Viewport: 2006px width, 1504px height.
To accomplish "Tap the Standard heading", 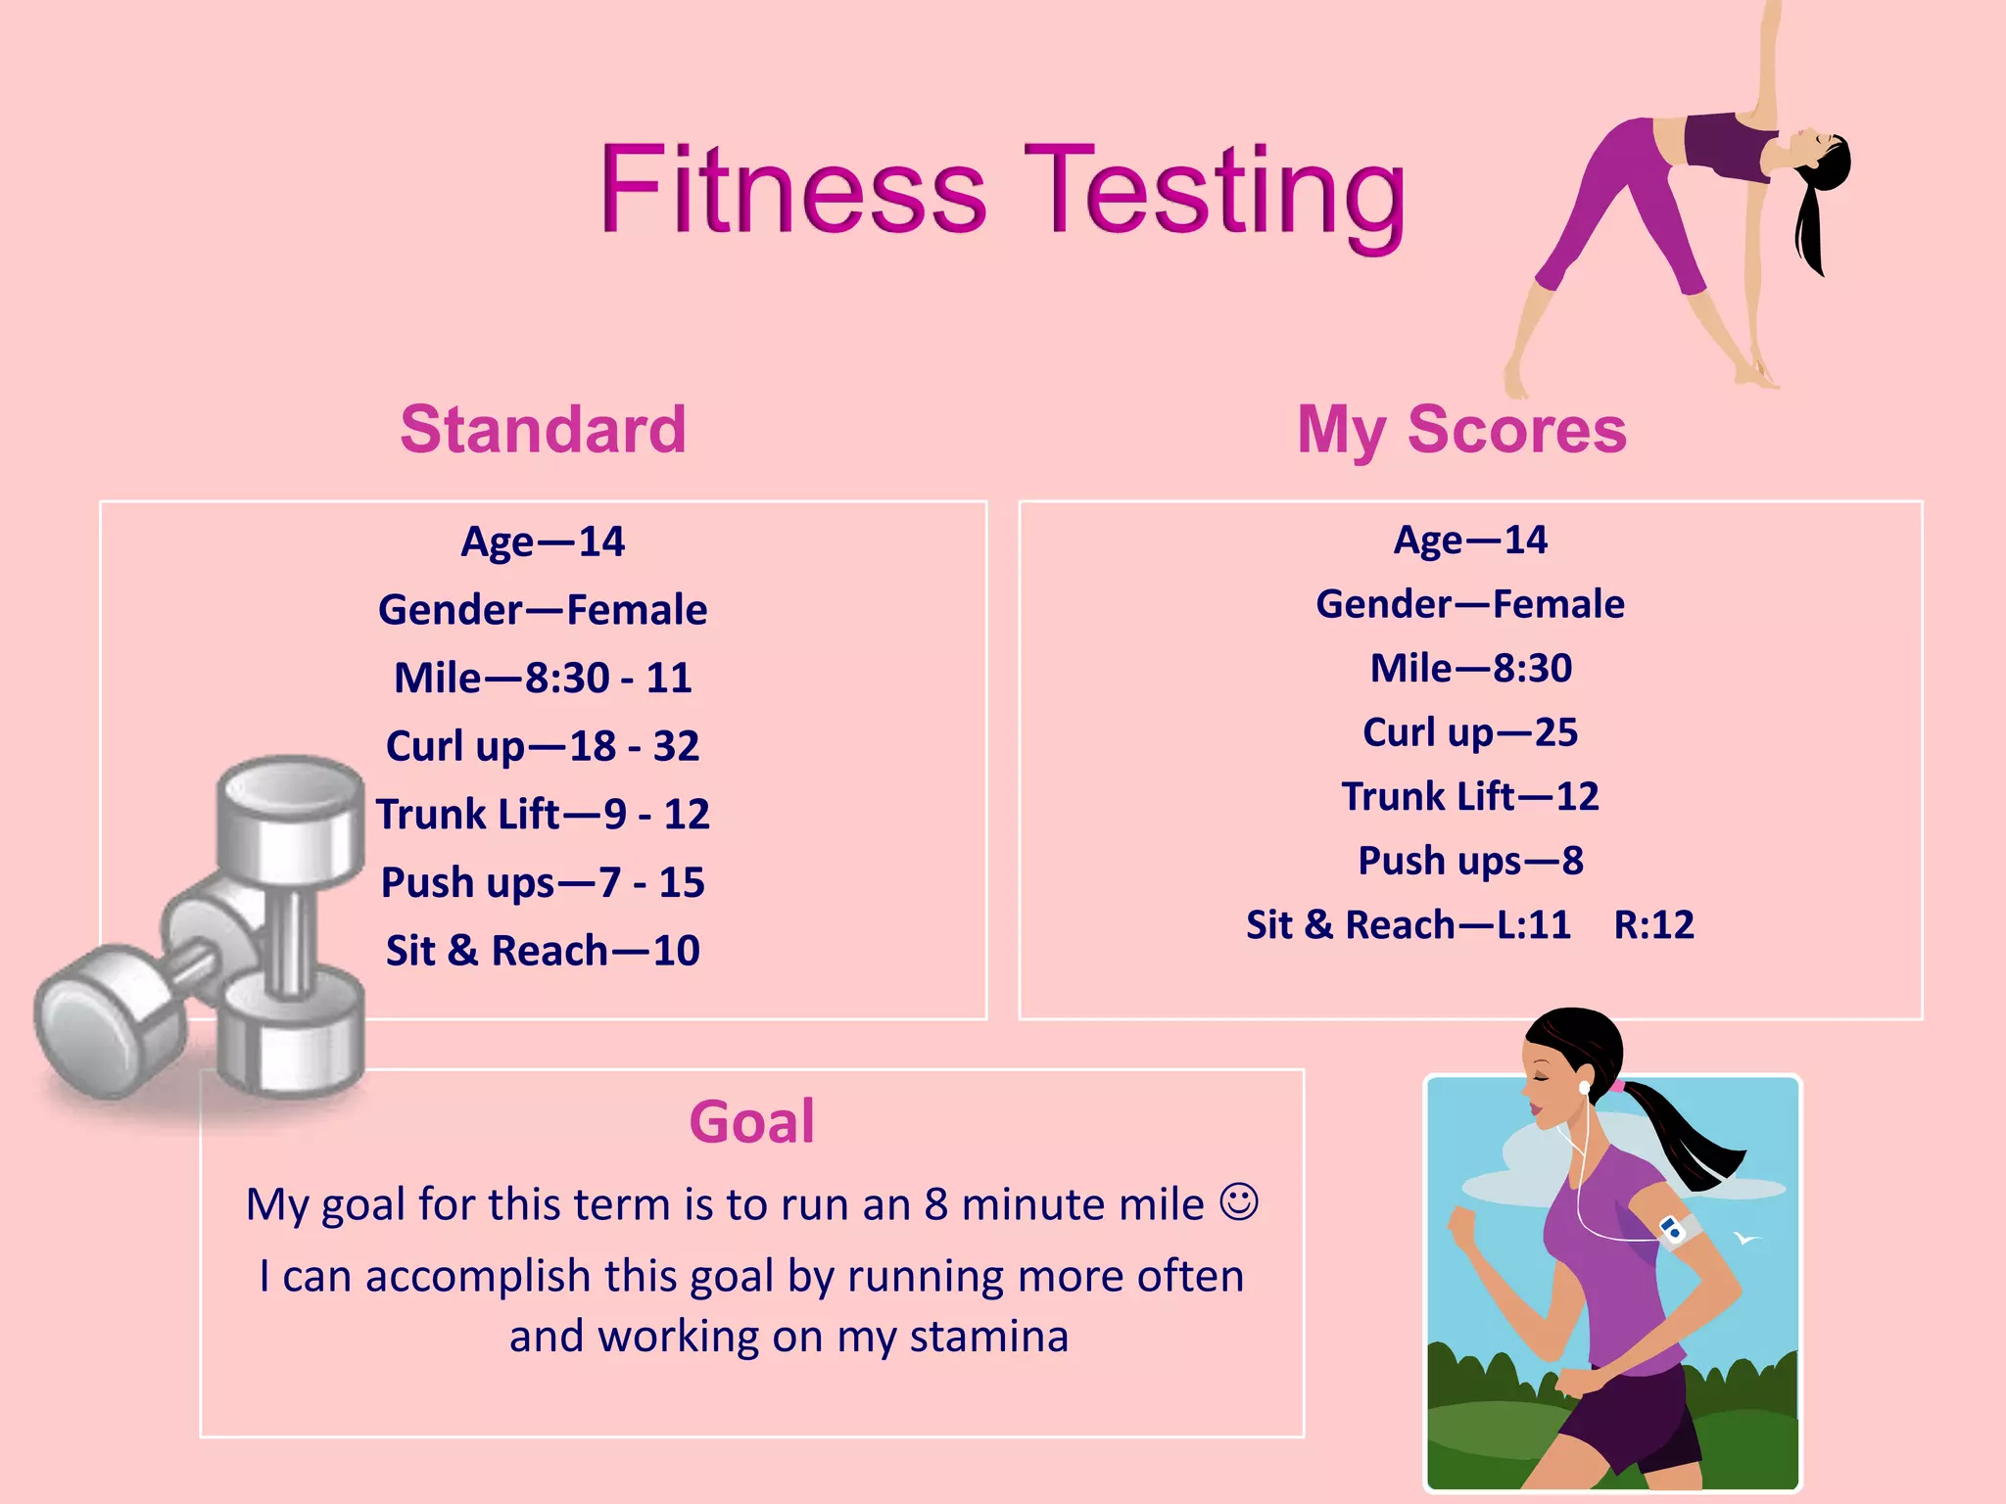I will (x=543, y=430).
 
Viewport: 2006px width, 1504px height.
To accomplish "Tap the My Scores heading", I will (x=1461, y=430).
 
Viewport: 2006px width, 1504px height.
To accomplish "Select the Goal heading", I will (x=751, y=1122).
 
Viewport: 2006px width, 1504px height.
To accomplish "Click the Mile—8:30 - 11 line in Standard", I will (x=543, y=678).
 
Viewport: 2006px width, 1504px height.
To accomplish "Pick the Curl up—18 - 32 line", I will (x=543, y=746).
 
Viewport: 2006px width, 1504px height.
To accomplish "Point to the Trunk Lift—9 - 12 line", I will (x=543, y=815).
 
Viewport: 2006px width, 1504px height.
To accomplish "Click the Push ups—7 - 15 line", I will (x=543, y=882).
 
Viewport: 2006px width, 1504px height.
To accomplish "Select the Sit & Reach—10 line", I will (x=543, y=951).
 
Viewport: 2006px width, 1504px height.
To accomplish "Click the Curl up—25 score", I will (x=1470, y=732).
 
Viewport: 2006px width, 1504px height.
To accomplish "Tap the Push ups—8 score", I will (x=1470, y=861).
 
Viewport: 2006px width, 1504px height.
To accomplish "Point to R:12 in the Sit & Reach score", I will (x=1653, y=925).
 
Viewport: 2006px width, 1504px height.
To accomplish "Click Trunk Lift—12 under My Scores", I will (x=1470, y=797).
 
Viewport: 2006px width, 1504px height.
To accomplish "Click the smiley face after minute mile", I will (x=1239, y=1201).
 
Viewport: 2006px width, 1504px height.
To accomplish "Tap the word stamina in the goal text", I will (x=988, y=1337).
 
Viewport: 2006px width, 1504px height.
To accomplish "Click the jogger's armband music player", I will (x=1672, y=1230).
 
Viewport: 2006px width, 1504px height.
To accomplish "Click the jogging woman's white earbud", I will (x=1584, y=1088).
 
